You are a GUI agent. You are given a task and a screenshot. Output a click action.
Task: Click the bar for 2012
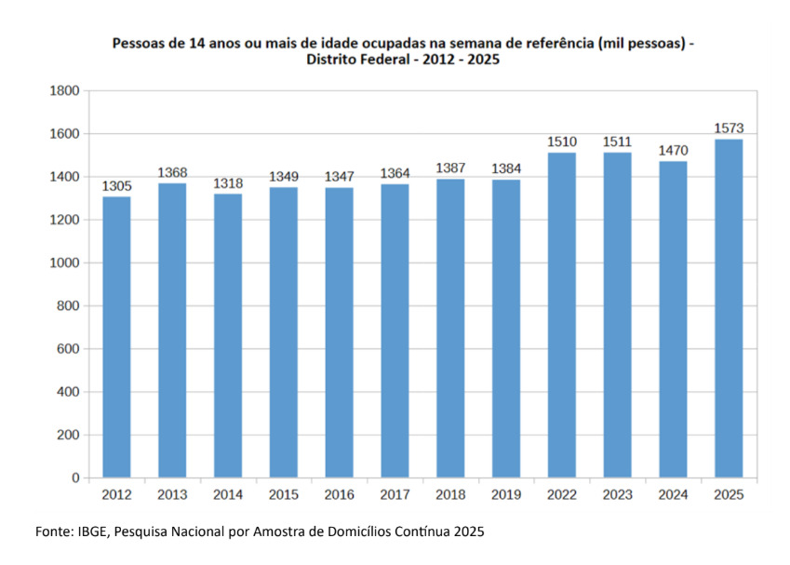pyautogui.click(x=116, y=337)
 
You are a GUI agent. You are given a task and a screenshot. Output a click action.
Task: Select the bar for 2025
pyautogui.click(x=729, y=308)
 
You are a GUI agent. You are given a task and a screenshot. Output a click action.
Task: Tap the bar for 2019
pyautogui.click(x=506, y=329)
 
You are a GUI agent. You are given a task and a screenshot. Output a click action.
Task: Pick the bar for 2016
pyautogui.click(x=339, y=332)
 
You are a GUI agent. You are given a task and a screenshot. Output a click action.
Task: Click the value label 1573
pyautogui.click(x=729, y=128)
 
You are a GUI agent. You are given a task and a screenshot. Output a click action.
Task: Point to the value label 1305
pyautogui.click(x=116, y=186)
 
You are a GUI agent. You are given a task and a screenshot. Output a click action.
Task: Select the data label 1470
pyautogui.click(x=673, y=150)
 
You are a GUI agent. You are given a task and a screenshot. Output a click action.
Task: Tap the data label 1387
pyautogui.click(x=450, y=168)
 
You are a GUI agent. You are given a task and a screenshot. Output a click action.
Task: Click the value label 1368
pyautogui.click(x=172, y=172)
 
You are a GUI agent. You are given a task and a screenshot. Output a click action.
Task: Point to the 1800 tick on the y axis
pyautogui.click(x=64, y=90)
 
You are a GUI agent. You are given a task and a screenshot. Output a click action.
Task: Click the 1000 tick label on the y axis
pyautogui.click(x=64, y=262)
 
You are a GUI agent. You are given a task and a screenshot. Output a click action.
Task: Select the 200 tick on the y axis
pyautogui.click(x=68, y=435)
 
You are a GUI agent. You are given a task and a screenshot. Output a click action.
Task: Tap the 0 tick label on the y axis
pyautogui.click(x=75, y=478)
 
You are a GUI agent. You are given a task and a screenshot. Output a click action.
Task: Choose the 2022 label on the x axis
pyautogui.click(x=562, y=494)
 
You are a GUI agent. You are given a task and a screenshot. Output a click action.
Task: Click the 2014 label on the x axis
pyautogui.click(x=228, y=494)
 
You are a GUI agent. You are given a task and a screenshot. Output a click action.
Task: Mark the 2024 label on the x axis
pyautogui.click(x=673, y=494)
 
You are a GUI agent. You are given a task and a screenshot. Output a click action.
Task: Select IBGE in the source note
pyautogui.click(x=93, y=531)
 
